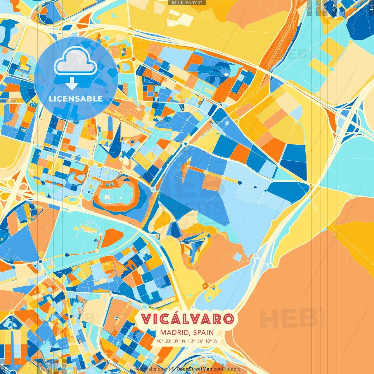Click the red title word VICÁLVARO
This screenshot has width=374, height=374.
(187, 319)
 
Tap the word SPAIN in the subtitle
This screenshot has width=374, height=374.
(203, 333)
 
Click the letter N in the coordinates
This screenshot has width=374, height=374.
(183, 341)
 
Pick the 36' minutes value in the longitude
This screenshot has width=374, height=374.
(200, 341)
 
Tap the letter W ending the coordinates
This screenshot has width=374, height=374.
(215, 341)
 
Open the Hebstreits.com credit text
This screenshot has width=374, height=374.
(150, 369)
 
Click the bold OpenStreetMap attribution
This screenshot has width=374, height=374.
(194, 369)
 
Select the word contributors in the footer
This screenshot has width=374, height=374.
(227, 369)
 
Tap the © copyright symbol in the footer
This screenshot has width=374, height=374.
(173, 369)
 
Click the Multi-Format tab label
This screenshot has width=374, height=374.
(187, 3)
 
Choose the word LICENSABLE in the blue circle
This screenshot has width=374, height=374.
(76, 99)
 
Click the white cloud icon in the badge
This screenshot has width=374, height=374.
(75, 62)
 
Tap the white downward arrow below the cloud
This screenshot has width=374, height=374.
(72, 85)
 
